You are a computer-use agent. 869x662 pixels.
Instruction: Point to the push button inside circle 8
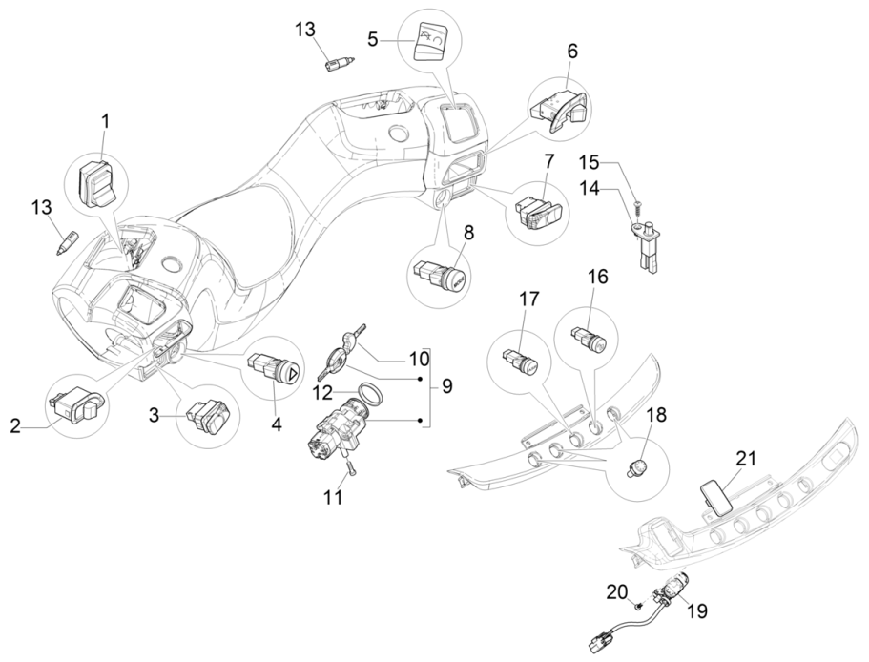point(440,276)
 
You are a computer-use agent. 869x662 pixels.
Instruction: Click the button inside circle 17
point(520,362)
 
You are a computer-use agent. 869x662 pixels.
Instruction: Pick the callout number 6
point(573,50)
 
